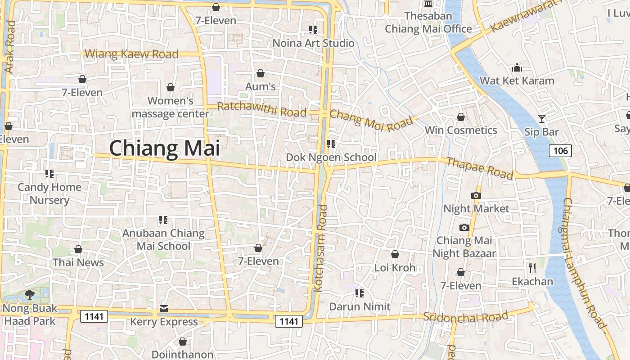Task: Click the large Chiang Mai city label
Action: tap(165, 148)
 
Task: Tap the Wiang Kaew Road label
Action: tap(131, 54)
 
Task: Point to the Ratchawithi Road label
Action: tap(262, 109)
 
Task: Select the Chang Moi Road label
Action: tap(371, 120)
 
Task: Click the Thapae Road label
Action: tap(479, 168)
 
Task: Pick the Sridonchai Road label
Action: tap(466, 317)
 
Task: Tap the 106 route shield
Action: tap(560, 150)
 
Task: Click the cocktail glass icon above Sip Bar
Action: tap(542, 119)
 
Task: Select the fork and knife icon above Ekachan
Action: tap(532, 269)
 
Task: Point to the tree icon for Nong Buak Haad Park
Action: tap(30, 295)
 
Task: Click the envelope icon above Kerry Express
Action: tap(164, 309)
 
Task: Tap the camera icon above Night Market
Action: tap(476, 195)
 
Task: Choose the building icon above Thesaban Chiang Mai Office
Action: tap(428, 4)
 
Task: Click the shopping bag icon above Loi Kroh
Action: tap(395, 254)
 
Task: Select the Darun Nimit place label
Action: tap(360, 306)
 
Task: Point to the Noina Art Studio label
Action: tap(314, 43)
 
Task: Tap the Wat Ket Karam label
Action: tap(517, 81)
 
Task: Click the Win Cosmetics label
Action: tap(461, 130)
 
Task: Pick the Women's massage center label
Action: tap(171, 107)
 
